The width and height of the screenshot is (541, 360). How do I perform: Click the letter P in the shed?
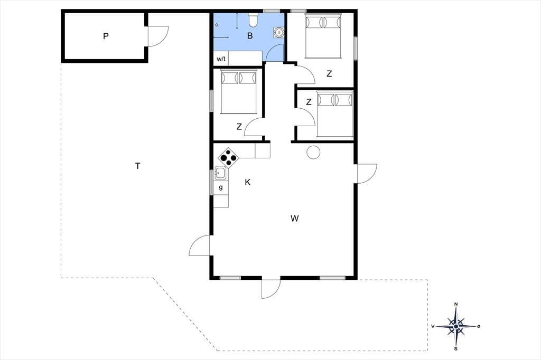[x=106, y=36]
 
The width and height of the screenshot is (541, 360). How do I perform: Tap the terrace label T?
[x=138, y=166]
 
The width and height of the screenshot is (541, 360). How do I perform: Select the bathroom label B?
[x=250, y=35]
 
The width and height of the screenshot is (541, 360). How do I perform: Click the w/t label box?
[x=221, y=59]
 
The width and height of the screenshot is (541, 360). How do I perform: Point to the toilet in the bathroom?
[x=253, y=20]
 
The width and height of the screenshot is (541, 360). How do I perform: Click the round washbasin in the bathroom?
[x=278, y=32]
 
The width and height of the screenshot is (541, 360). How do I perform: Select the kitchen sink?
[x=220, y=173]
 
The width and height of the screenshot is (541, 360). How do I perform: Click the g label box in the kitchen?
[x=221, y=187]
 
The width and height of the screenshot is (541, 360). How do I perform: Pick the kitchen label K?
[x=247, y=183]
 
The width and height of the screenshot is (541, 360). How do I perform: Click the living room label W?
[x=294, y=219]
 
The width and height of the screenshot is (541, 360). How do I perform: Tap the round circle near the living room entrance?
[x=313, y=153]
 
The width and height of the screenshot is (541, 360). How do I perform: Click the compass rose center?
[x=456, y=326]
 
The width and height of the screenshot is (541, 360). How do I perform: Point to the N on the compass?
[x=456, y=304]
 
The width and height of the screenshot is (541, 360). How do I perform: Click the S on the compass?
[x=456, y=348]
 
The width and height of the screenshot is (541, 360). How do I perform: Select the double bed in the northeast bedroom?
[x=323, y=35]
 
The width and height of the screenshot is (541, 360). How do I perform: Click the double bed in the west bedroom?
[x=239, y=91]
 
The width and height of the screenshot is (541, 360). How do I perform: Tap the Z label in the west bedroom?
[x=239, y=127]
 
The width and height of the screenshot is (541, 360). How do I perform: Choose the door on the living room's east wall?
[x=366, y=174]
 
